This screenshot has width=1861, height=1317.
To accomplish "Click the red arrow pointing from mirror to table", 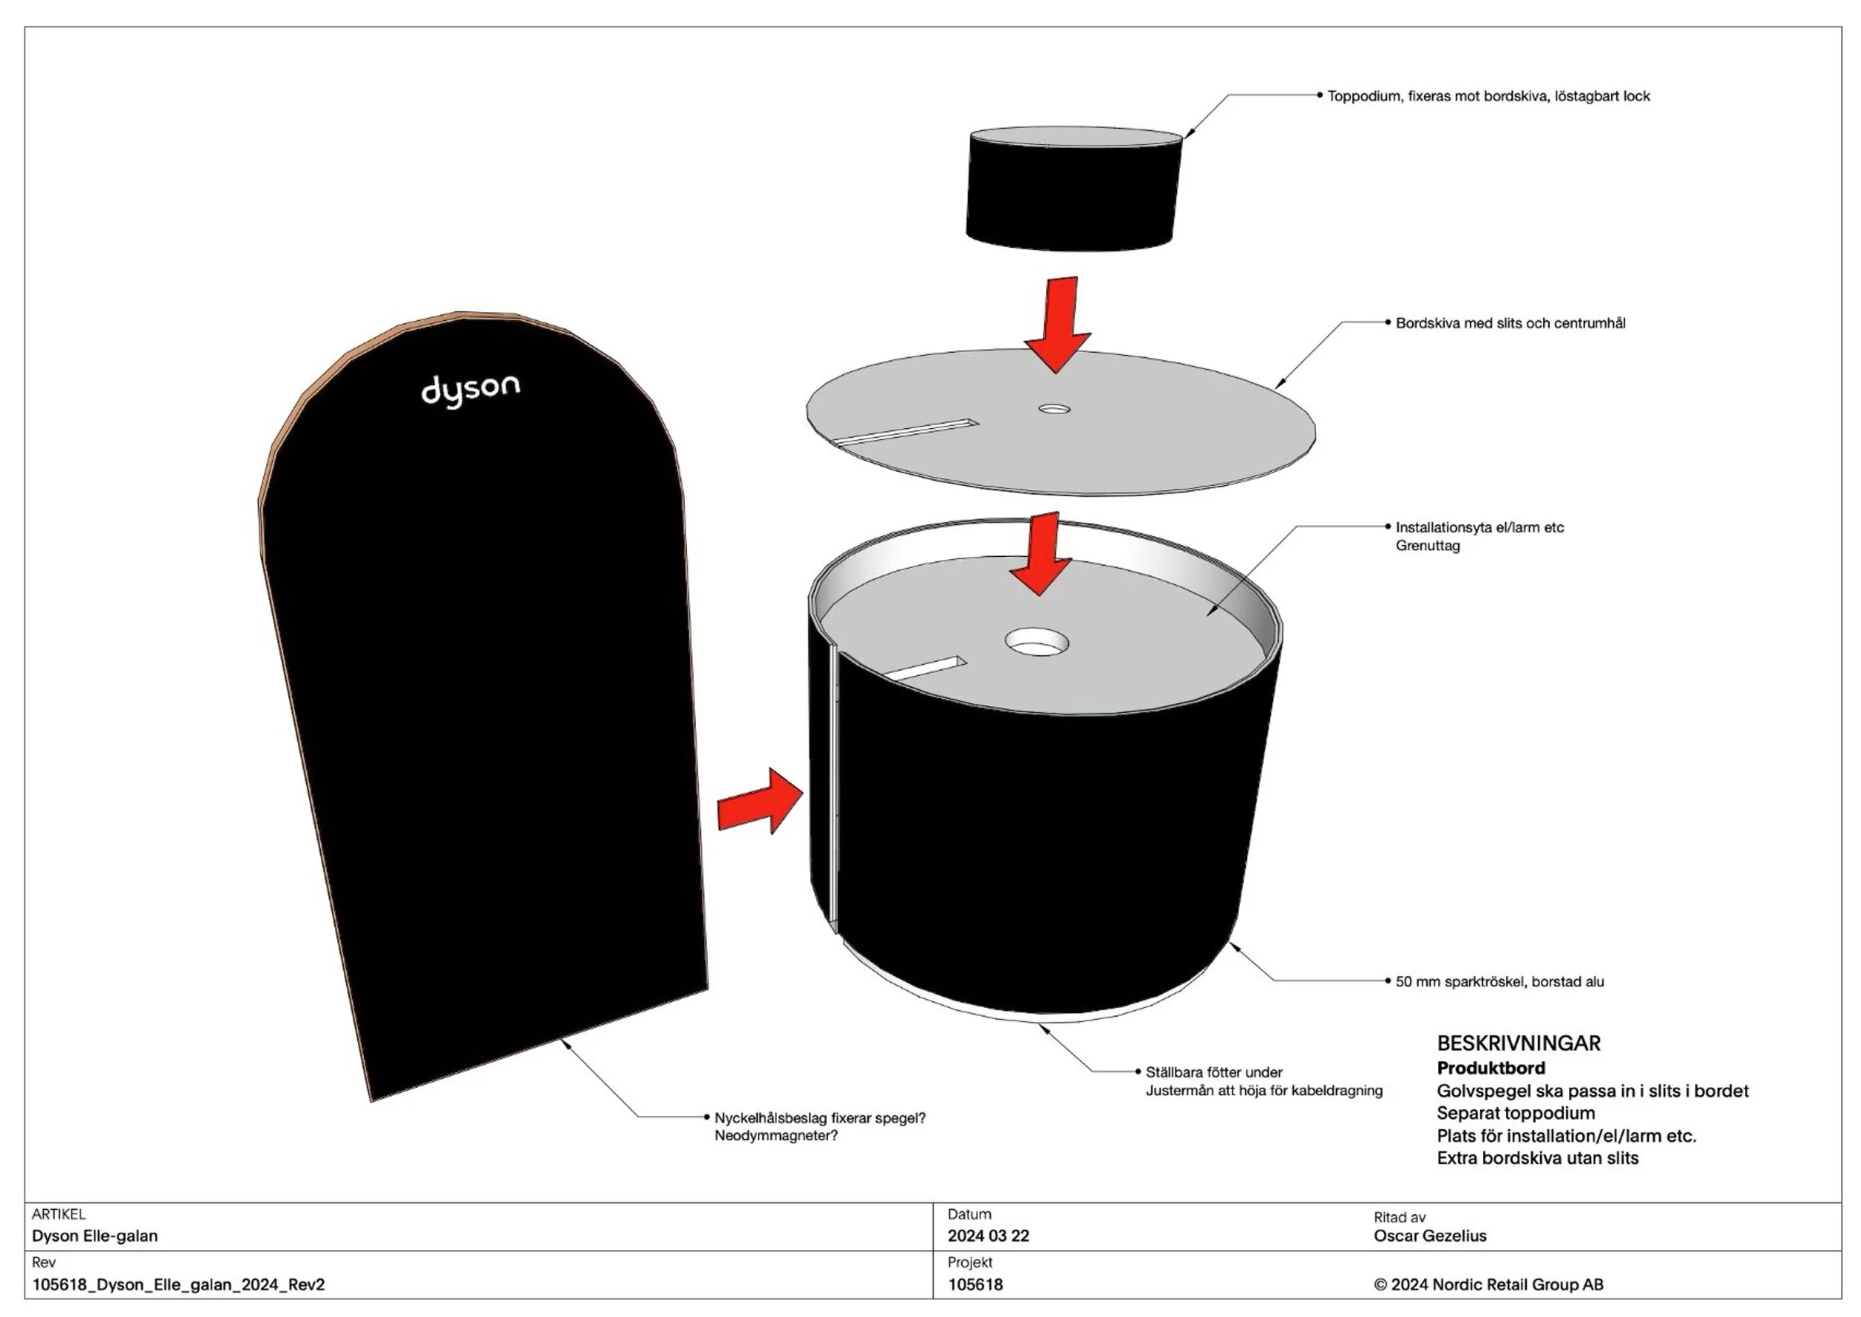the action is click(761, 801).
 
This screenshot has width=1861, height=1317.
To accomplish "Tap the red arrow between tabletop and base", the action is click(1041, 553).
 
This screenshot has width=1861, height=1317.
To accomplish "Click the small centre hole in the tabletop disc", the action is click(1054, 409).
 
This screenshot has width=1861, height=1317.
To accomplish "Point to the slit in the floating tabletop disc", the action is click(907, 433).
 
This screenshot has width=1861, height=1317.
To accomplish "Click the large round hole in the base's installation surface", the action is click(1036, 642).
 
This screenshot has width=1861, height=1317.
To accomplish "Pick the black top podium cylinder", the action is click(1073, 188).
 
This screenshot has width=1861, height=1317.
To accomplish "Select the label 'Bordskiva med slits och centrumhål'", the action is click(1510, 323).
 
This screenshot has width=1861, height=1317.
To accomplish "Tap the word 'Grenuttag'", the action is click(1427, 546).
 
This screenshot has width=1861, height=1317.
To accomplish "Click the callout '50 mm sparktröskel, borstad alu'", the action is click(1499, 981).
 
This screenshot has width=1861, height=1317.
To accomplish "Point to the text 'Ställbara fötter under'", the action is click(1214, 1072).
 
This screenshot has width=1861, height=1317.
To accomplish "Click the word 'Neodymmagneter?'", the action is click(776, 1135).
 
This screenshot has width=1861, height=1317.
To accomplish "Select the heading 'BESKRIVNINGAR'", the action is click(1519, 1044).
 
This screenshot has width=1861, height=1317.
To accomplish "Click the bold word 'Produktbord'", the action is click(1490, 1068).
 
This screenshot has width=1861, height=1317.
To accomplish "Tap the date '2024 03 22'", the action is click(988, 1236).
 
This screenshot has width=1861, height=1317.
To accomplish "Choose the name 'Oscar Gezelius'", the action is click(1429, 1236).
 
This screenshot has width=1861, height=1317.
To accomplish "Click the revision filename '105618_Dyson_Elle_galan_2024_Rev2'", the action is click(179, 1284).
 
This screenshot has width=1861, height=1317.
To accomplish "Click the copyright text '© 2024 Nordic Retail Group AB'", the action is click(1489, 1284).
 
